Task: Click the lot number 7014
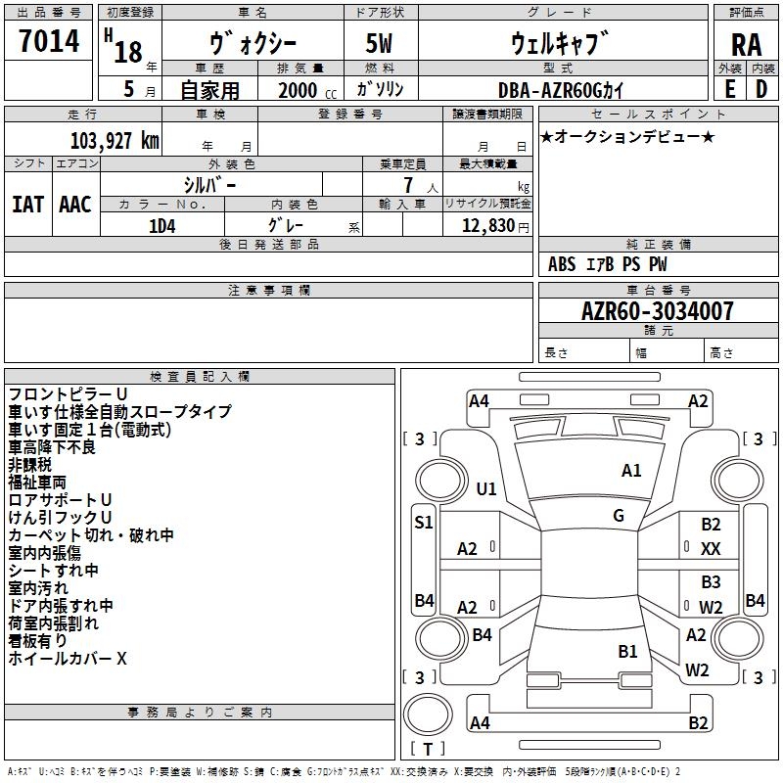[x=49, y=41]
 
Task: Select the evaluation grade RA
[x=746, y=45]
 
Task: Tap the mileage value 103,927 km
[x=115, y=141]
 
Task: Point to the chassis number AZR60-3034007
[x=657, y=311]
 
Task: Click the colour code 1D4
[x=162, y=227]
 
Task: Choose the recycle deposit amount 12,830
[x=487, y=226]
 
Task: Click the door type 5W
[x=379, y=43]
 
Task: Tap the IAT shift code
[x=28, y=205]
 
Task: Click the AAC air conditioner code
[x=75, y=205]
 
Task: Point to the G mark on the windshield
[x=619, y=516]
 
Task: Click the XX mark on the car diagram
[x=711, y=549]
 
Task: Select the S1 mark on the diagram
[x=424, y=523]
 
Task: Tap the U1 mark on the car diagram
[x=485, y=488]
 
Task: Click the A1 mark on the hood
[x=631, y=471]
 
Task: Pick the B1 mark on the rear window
[x=627, y=652]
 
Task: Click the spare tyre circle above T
[x=428, y=714]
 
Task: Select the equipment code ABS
[x=562, y=264]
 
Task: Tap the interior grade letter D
[x=761, y=89]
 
